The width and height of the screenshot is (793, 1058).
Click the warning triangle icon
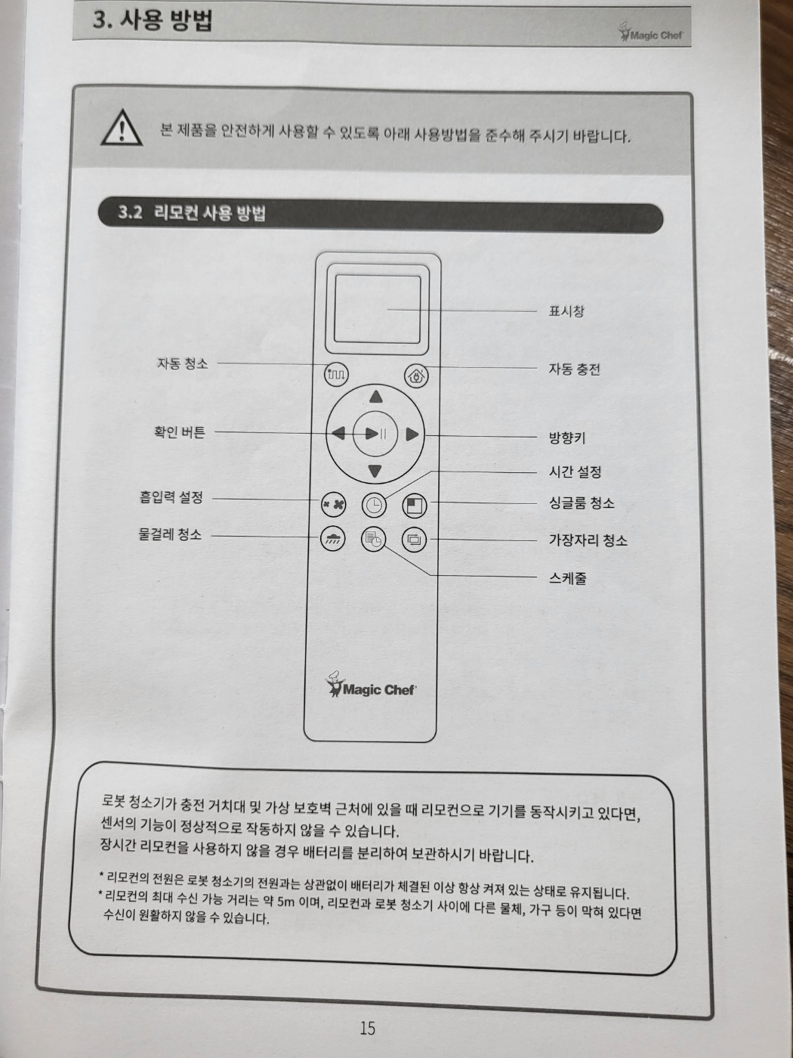(x=122, y=127)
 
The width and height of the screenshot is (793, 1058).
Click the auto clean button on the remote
(x=336, y=373)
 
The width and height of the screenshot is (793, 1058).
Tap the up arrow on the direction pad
(x=375, y=397)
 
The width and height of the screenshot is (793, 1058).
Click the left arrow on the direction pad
(x=338, y=433)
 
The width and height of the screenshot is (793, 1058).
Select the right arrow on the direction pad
(x=412, y=434)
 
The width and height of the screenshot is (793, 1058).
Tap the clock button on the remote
(x=374, y=504)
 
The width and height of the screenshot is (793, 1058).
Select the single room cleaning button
(x=415, y=504)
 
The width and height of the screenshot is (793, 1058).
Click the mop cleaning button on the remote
(x=333, y=539)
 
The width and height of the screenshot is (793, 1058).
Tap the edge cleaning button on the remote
(x=414, y=539)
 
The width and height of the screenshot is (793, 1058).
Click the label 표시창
(x=566, y=311)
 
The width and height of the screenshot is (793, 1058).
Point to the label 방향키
(x=566, y=438)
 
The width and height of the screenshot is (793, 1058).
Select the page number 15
(x=367, y=1028)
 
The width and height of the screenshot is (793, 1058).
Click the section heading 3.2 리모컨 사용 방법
(x=192, y=213)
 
